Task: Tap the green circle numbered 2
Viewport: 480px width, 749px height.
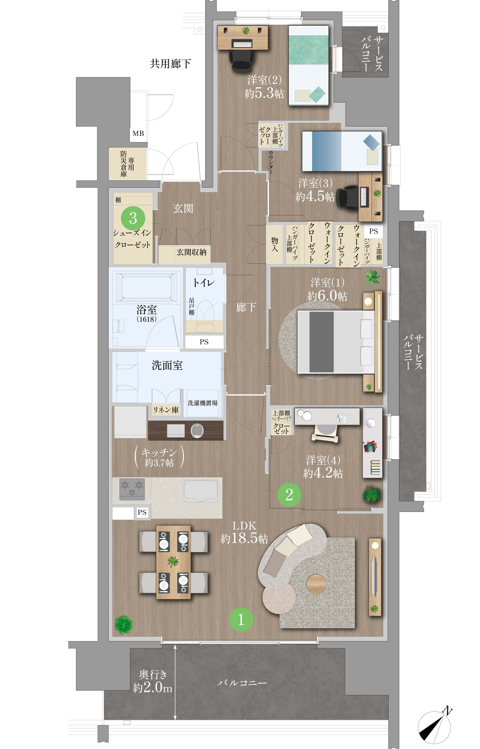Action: point(289,495)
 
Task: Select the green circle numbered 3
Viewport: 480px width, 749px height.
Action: point(133,218)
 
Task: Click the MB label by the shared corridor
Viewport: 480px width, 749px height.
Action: point(138,133)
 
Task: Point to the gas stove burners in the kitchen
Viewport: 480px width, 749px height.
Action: point(132,489)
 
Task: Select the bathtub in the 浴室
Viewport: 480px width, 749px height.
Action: point(146,287)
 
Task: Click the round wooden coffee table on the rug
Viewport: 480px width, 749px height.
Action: point(316,584)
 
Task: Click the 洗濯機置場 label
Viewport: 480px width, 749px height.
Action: point(203,403)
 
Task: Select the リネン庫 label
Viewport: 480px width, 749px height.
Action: point(166,410)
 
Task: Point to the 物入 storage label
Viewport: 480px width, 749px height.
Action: point(275,244)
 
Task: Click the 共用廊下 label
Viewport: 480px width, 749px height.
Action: point(170,64)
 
